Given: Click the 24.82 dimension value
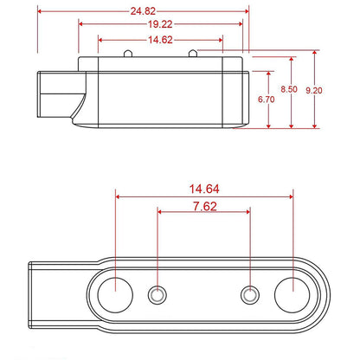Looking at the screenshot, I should coord(143,11).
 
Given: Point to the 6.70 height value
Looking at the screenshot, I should coord(268,100).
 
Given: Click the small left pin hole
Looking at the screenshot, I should coord(157,295).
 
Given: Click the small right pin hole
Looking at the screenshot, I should coord(249,295).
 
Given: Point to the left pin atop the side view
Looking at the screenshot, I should coord(127,55).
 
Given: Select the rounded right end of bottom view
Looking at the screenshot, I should coord(320,295).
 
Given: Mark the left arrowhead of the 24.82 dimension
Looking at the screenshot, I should coord(40,12).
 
